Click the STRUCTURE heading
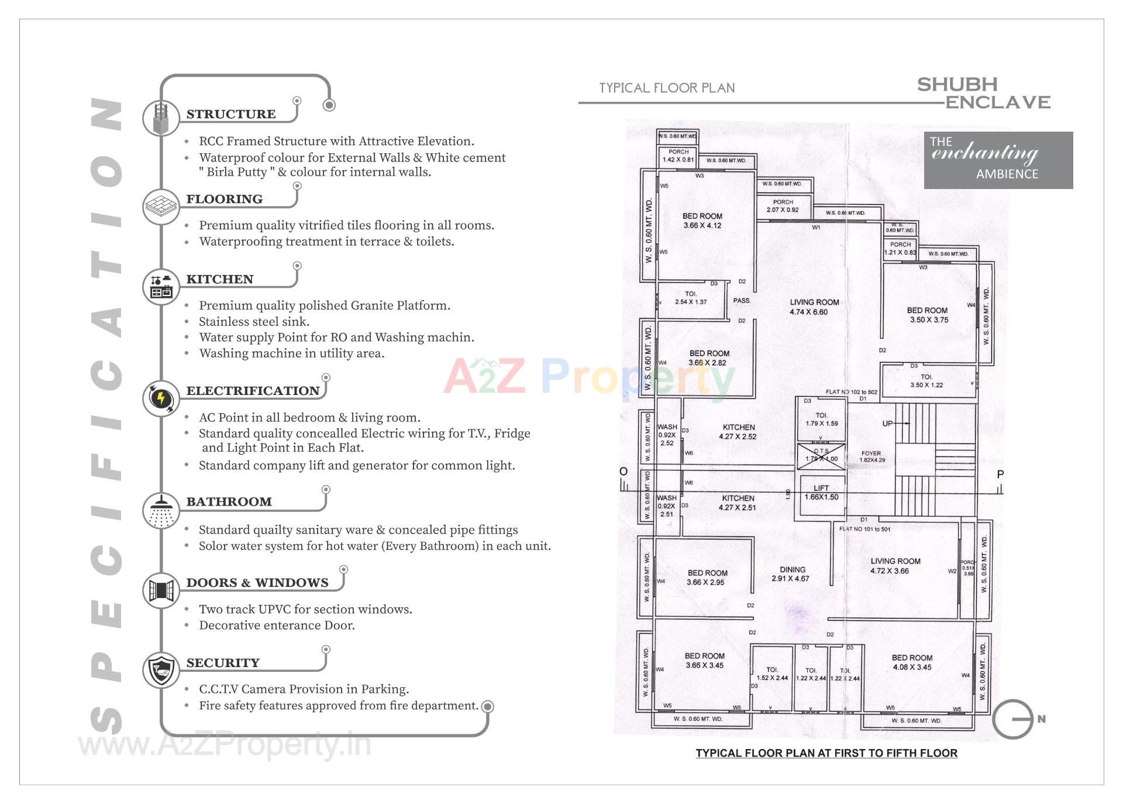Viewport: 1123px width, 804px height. (x=230, y=114)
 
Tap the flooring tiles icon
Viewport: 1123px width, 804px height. (x=161, y=207)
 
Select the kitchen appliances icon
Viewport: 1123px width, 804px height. (x=161, y=287)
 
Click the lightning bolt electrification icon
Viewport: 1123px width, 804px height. (x=161, y=398)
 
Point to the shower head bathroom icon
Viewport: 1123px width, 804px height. (x=161, y=510)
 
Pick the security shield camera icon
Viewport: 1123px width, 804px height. (x=161, y=670)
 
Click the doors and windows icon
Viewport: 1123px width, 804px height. (x=161, y=590)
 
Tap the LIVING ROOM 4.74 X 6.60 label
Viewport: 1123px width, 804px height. (x=814, y=307)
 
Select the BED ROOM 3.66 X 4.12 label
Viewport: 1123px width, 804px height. (x=702, y=221)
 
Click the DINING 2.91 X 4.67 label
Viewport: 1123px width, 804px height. (x=792, y=574)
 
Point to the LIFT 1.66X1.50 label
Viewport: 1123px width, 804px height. (x=821, y=493)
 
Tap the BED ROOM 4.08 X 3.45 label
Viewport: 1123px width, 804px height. (x=912, y=662)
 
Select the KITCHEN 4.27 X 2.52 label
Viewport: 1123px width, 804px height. (x=738, y=432)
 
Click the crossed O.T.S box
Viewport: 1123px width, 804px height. (x=821, y=455)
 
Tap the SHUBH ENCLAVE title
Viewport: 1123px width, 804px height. (x=983, y=94)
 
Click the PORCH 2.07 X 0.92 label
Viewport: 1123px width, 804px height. (x=783, y=206)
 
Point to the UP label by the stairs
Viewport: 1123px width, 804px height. (x=887, y=423)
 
